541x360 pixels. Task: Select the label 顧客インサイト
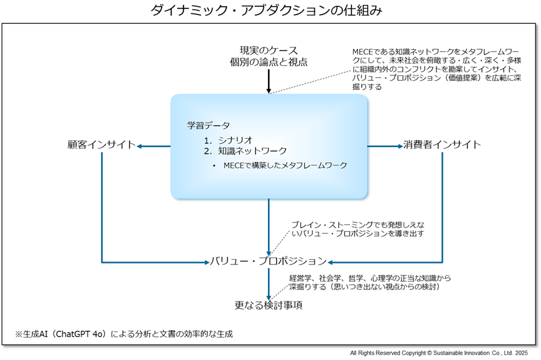click(101, 145)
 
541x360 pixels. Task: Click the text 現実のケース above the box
click(268, 50)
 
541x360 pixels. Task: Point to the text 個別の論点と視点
click(268, 62)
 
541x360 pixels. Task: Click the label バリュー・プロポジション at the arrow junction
click(268, 261)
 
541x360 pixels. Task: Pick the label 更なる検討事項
click(268, 305)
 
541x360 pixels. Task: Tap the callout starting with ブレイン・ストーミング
click(356, 229)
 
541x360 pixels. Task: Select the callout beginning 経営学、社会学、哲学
click(369, 282)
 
